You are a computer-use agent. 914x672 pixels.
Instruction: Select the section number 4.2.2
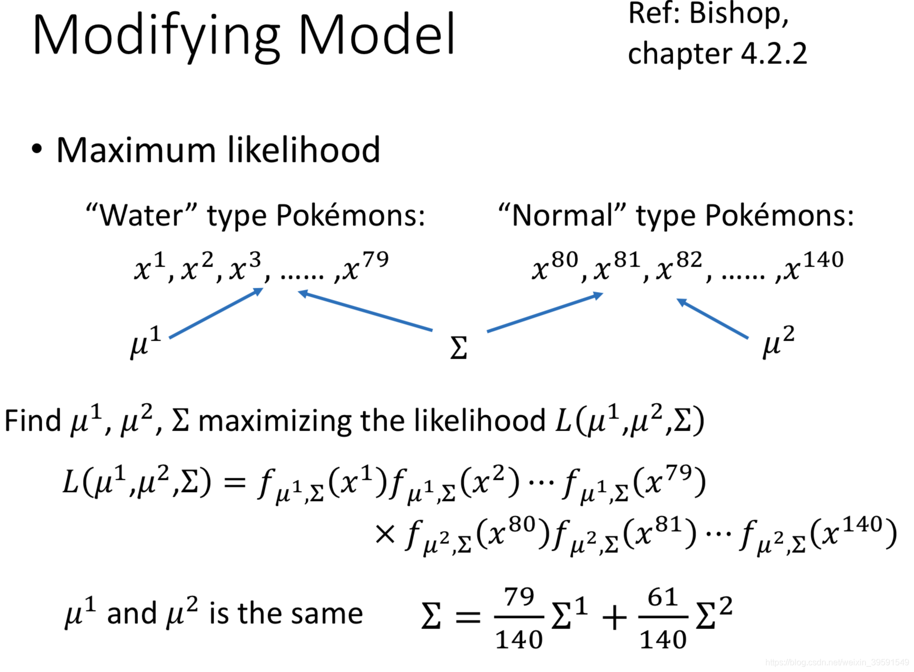tap(774, 54)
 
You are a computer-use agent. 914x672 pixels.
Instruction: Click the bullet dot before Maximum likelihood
tap(36, 149)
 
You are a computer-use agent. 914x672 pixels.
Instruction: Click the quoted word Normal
tap(562, 216)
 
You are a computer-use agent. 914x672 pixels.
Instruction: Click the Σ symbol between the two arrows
tap(459, 348)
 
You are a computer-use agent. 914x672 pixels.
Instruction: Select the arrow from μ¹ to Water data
tap(216, 313)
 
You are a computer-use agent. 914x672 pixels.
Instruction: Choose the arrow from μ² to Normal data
tap(712, 318)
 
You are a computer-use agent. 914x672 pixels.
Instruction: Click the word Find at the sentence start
tap(33, 421)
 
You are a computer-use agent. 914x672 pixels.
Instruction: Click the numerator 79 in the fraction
tap(519, 597)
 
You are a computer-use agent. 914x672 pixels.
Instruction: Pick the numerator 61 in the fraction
tap(663, 597)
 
